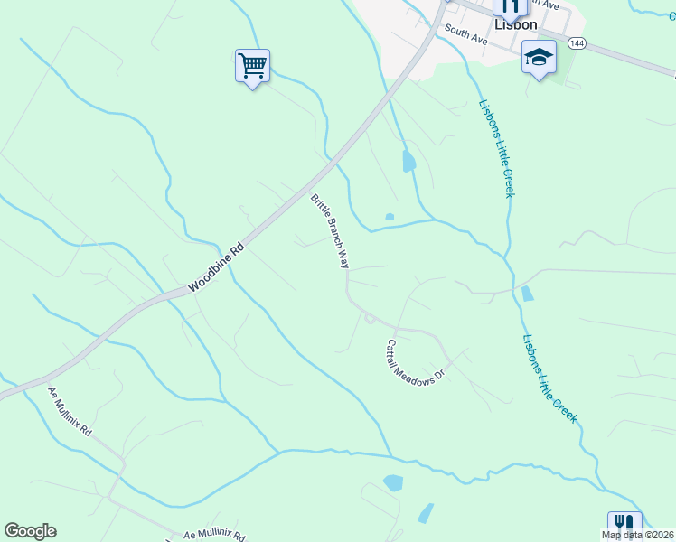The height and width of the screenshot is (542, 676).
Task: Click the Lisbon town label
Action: pyautogui.click(x=515, y=25)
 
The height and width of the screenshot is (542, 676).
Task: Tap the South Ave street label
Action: pyautogui.click(x=465, y=37)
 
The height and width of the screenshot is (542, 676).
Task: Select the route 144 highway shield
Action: pyautogui.click(x=577, y=42)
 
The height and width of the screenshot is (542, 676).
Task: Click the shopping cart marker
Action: pyautogui.click(x=252, y=65)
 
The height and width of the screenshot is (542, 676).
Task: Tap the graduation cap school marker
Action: pyautogui.click(x=539, y=58)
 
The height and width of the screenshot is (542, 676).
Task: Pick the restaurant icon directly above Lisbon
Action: pyautogui.click(x=510, y=7)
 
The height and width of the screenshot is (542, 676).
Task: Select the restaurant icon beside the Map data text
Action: pyautogui.click(x=624, y=524)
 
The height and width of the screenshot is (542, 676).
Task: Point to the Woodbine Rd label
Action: pyautogui.click(x=217, y=267)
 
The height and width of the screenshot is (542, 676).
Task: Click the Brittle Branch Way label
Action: pyautogui.click(x=330, y=231)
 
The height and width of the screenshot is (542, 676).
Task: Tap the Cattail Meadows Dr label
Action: pyautogui.click(x=416, y=361)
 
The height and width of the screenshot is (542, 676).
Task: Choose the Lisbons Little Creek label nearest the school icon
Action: pyautogui.click(x=496, y=148)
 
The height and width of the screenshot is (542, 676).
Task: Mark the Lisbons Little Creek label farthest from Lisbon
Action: pyautogui.click(x=549, y=378)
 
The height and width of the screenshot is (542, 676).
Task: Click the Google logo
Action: pyautogui.click(x=30, y=531)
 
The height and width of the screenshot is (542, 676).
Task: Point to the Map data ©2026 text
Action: pyautogui.click(x=637, y=535)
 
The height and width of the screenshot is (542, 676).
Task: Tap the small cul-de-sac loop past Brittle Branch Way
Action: pyautogui.click(x=369, y=317)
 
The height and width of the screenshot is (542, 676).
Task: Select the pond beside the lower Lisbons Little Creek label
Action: pyautogui.click(x=527, y=294)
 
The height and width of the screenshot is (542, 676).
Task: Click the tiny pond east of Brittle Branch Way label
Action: pyautogui.click(x=390, y=217)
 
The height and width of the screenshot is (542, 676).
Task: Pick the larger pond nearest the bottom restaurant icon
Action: pyautogui.click(x=393, y=483)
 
